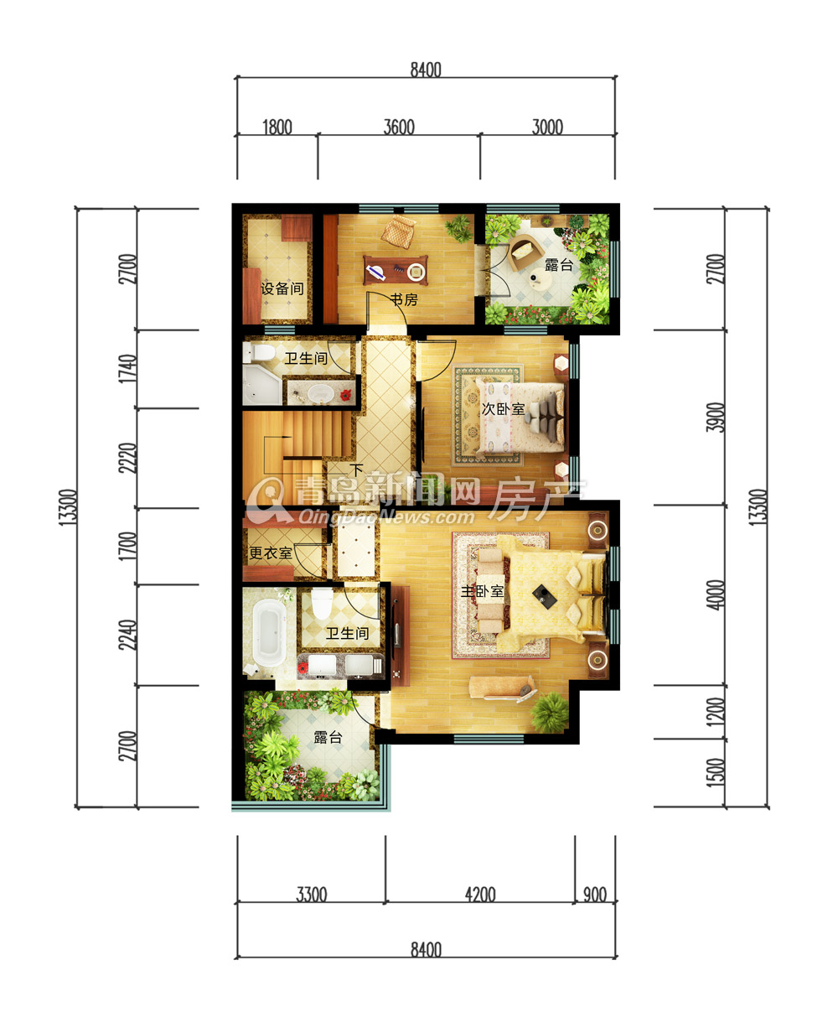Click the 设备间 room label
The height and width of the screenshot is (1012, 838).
[282, 288]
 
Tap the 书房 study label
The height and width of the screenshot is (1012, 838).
[404, 299]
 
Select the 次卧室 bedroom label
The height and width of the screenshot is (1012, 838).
[504, 408]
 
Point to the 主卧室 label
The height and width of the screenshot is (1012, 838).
[482, 591]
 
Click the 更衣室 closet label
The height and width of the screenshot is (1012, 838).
[271, 553]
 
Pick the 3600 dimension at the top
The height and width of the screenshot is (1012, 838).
[399, 127]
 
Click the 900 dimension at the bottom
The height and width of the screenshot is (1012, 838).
[595, 895]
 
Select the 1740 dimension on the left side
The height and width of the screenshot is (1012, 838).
[128, 369]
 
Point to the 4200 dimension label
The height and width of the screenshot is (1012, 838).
[480, 895]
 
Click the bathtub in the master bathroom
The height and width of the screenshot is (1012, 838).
[269, 632]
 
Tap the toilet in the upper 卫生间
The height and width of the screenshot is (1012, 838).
[260, 352]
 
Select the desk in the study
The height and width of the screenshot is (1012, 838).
[396, 270]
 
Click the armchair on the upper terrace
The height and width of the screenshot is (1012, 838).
[525, 252]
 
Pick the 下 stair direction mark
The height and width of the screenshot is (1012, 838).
[357, 470]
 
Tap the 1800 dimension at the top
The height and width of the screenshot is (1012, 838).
[277, 127]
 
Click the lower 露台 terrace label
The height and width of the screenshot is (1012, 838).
[328, 737]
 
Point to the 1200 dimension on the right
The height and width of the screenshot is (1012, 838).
[716, 712]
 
